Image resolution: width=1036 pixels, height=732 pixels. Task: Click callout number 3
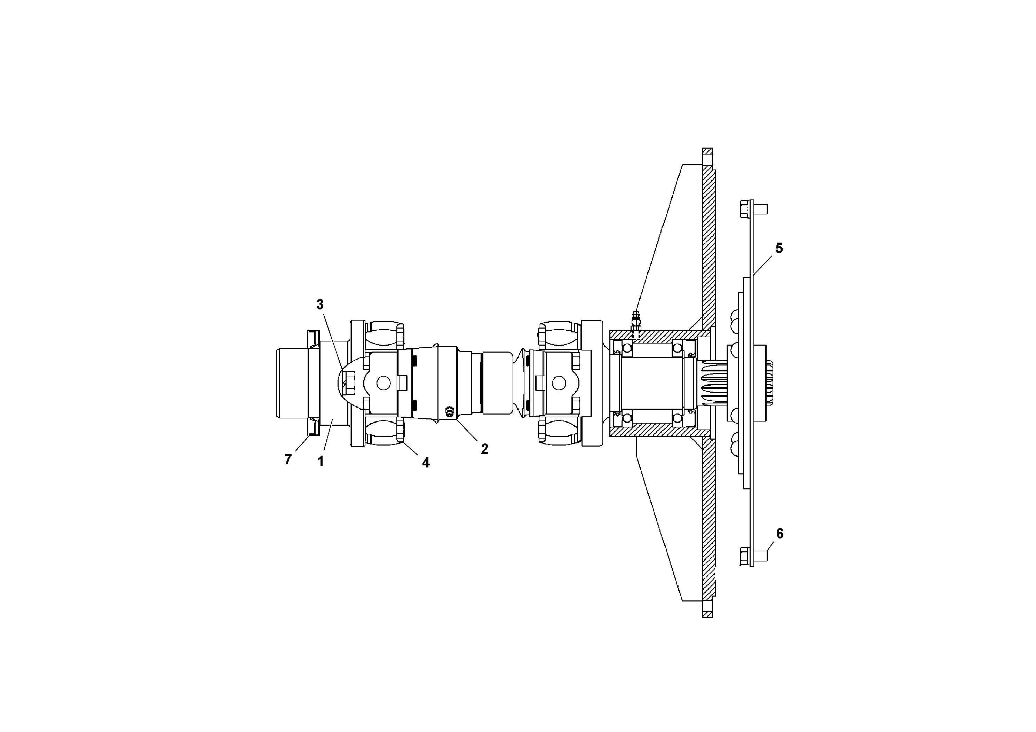click(x=320, y=305)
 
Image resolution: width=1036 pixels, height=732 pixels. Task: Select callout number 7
click(x=288, y=459)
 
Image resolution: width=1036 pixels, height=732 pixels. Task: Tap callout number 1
click(x=321, y=461)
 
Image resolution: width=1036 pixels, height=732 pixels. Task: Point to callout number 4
click(x=426, y=462)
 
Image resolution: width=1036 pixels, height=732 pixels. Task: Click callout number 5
click(x=779, y=248)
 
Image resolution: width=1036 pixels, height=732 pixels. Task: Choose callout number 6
click(x=780, y=534)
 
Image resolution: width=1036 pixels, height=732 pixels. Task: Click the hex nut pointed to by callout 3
click(x=350, y=382)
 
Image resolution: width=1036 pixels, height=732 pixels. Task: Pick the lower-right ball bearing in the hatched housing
click(x=678, y=418)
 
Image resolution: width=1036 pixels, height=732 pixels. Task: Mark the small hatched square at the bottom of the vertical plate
click(x=707, y=614)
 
